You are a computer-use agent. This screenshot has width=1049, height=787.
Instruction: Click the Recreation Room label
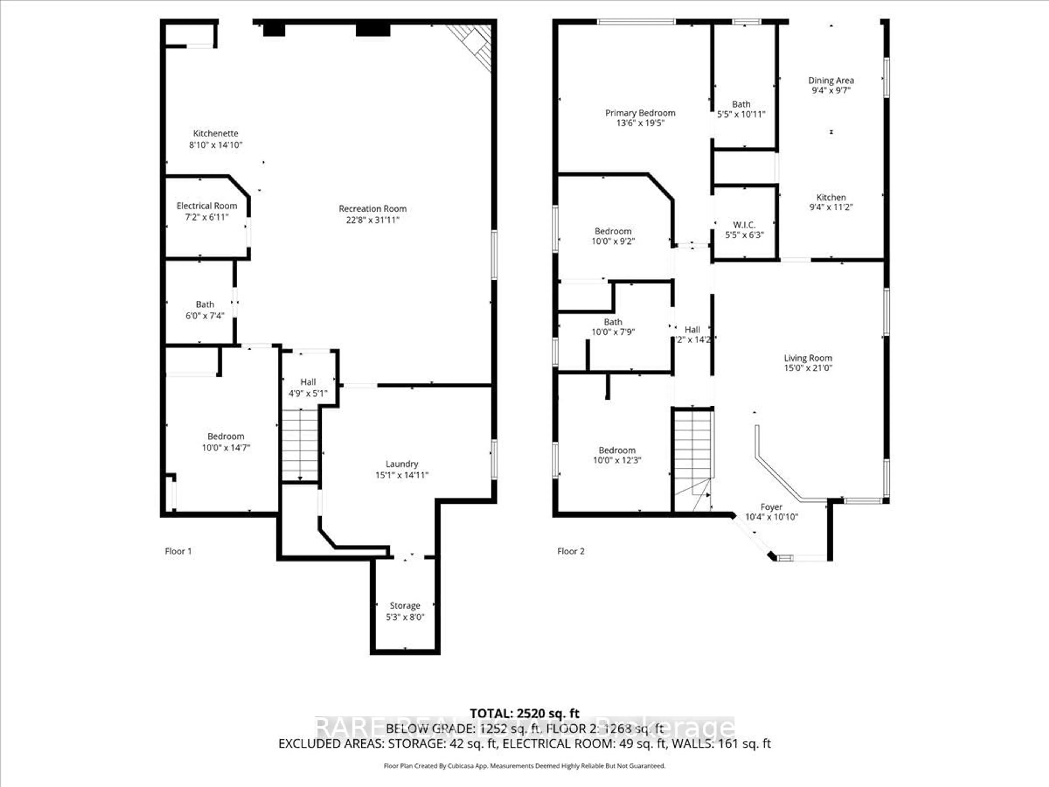pyautogui.click(x=373, y=209)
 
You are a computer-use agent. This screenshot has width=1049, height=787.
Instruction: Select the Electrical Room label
pyautogui.click(x=207, y=206)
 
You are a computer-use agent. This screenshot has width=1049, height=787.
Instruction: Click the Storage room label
pyautogui.click(x=405, y=606)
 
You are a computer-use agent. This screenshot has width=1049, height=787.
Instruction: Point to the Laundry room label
pyautogui.click(x=402, y=464)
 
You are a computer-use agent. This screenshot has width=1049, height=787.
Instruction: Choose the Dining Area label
pyautogui.click(x=831, y=81)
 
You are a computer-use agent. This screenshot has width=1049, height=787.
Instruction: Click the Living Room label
pyautogui.click(x=808, y=358)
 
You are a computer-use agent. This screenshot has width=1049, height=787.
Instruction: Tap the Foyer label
pyautogui.click(x=771, y=507)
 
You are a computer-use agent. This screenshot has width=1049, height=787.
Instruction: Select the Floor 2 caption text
pyautogui.click(x=570, y=551)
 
